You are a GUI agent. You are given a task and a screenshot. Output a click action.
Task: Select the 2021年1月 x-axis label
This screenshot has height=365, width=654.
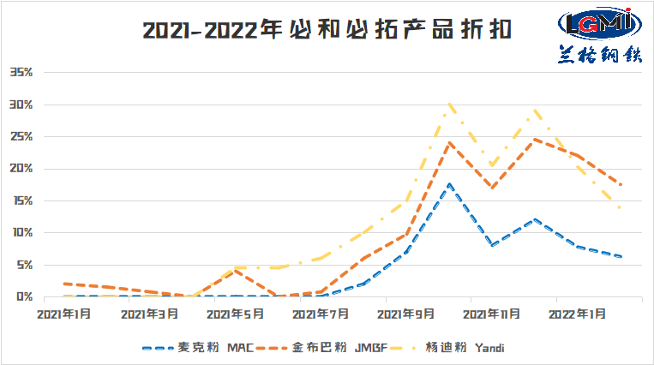tap(64, 314)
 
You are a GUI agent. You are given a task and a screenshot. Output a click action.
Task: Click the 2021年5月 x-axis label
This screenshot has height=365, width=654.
tap(235, 314)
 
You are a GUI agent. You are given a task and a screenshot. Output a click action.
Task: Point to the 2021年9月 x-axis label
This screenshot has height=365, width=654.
tap(406, 314)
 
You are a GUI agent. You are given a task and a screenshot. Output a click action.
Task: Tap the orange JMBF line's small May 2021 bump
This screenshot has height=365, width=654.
tap(235, 270)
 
